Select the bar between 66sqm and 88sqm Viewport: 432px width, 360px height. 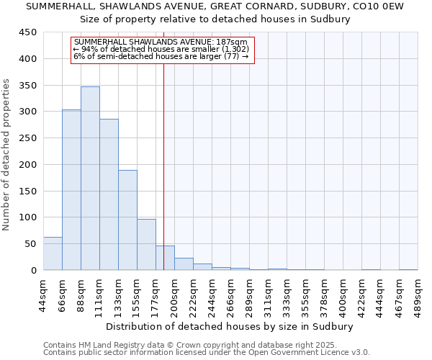point(71,190)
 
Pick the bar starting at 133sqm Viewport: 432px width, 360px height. point(127,220)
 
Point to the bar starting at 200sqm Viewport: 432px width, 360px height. point(184,264)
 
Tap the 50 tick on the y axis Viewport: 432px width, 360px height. point(31,244)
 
